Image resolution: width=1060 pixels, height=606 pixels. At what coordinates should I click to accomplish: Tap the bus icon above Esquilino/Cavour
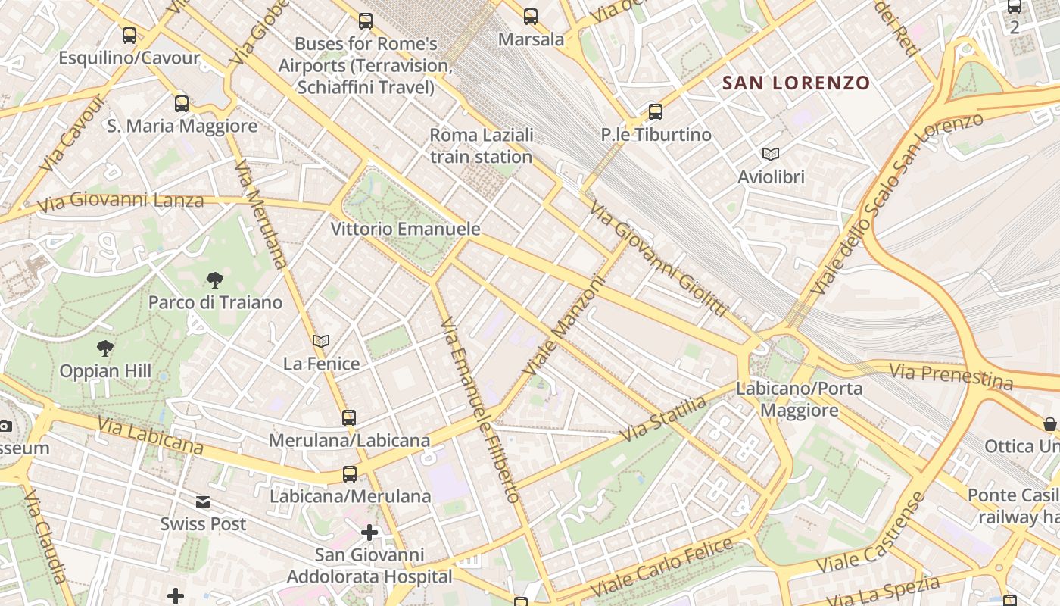click(x=129, y=35)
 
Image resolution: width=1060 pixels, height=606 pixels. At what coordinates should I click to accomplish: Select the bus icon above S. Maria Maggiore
click(x=182, y=104)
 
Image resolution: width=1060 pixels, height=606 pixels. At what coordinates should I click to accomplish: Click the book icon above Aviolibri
click(x=771, y=155)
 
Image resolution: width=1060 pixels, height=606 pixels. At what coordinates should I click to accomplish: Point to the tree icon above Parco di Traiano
click(x=215, y=280)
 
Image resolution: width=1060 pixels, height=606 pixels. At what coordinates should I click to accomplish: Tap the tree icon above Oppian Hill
click(x=105, y=348)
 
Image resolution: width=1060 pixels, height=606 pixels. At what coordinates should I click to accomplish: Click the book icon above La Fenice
click(x=321, y=342)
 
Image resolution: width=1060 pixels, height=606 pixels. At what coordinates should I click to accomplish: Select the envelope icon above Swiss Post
click(x=203, y=502)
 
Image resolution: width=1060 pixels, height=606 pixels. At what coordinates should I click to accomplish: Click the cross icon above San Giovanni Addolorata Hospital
click(x=369, y=533)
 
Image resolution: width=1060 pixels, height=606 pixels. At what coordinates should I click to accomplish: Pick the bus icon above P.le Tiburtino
click(x=656, y=112)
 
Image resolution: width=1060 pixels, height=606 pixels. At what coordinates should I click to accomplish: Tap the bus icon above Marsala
click(x=531, y=17)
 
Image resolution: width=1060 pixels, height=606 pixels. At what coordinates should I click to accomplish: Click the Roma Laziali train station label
click(x=482, y=145)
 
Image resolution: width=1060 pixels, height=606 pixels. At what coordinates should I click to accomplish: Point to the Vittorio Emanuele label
click(x=405, y=229)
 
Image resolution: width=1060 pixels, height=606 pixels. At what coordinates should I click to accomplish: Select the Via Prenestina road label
click(x=951, y=375)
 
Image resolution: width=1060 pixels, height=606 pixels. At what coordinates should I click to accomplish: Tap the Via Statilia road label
click(x=664, y=419)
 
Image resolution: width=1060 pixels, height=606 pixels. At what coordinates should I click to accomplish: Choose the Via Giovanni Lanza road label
click(x=120, y=201)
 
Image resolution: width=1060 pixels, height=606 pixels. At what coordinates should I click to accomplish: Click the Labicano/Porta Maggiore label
click(x=800, y=399)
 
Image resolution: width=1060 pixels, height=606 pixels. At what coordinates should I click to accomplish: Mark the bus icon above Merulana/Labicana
click(x=349, y=418)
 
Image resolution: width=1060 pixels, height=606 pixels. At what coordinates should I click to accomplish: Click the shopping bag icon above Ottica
click(x=1050, y=423)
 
